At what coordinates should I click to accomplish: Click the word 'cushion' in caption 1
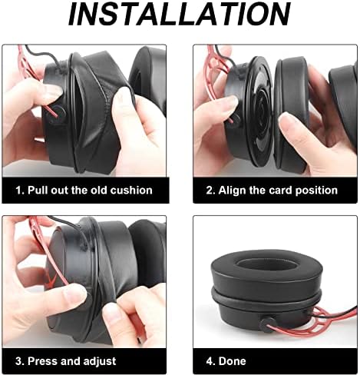pyautogui.click(x=130, y=190)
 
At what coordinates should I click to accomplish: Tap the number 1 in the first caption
pyautogui.click(x=21, y=190)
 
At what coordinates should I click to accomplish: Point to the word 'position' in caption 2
pyautogui.click(x=315, y=190)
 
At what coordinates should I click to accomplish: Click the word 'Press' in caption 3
pyautogui.click(x=50, y=360)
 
